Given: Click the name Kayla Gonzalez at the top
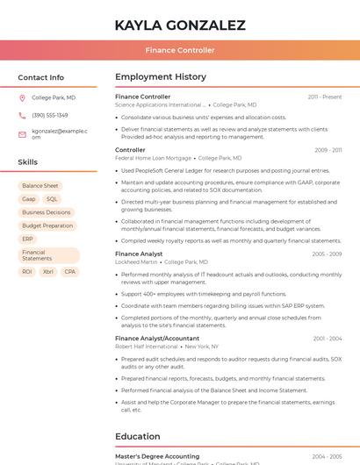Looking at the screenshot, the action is click(x=180, y=25).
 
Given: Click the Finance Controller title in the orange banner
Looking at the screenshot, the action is click(x=180, y=50).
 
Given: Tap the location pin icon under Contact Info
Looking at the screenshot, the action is click(x=23, y=98).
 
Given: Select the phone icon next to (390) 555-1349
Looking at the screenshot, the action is click(x=23, y=116).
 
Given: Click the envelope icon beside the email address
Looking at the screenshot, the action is click(x=23, y=133).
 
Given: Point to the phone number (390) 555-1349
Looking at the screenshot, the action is click(x=50, y=116).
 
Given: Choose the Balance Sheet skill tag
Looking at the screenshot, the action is click(x=40, y=186).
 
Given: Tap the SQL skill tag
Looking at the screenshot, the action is click(x=52, y=199).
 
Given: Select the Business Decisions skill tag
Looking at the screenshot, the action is click(x=47, y=212).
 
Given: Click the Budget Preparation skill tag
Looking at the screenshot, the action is click(x=47, y=225).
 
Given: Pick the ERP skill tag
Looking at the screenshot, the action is click(x=27, y=239).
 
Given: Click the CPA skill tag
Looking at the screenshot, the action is click(x=70, y=272).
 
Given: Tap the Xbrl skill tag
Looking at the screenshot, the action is click(x=48, y=272).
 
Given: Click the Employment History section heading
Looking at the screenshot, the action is click(x=161, y=77).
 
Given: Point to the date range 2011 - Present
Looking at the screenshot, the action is click(x=325, y=97).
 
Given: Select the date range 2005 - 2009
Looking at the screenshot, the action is click(x=327, y=254).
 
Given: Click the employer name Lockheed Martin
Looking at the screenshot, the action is click(x=136, y=262).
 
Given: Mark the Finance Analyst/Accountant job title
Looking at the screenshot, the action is click(x=157, y=338).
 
